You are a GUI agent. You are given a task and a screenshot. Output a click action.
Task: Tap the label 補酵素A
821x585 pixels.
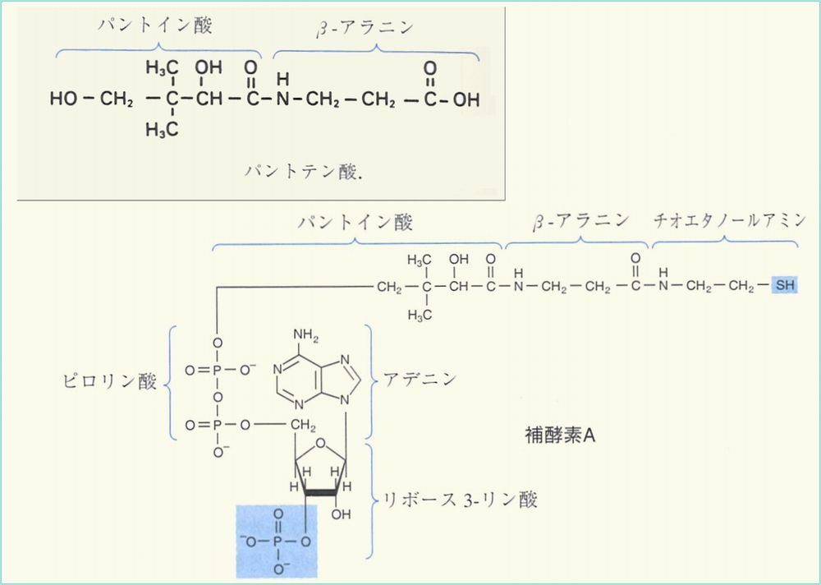point(560,435)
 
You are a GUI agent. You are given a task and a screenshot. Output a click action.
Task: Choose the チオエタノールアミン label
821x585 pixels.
point(725,220)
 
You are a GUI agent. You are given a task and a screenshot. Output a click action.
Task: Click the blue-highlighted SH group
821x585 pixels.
point(784,287)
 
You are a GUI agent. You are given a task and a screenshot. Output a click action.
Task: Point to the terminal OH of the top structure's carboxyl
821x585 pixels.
point(466,100)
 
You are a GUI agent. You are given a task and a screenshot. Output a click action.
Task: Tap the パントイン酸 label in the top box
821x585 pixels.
point(154,26)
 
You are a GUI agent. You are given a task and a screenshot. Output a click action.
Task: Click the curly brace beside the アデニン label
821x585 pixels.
point(369,380)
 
